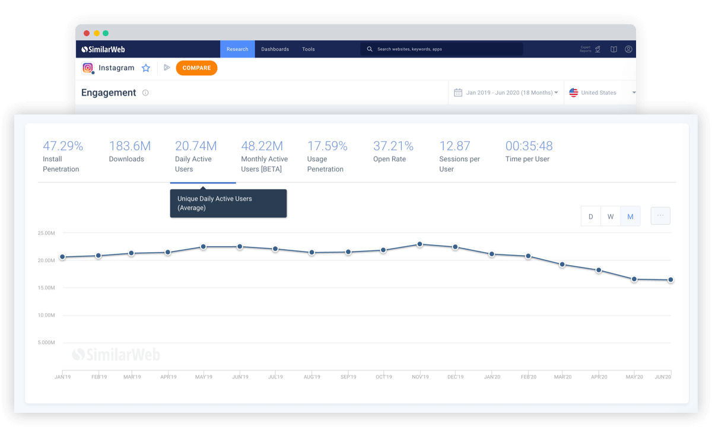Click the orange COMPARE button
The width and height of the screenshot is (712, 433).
196,68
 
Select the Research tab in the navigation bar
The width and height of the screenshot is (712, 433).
237,49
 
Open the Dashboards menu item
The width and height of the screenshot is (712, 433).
275,49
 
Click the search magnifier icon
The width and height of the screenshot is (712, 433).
369,49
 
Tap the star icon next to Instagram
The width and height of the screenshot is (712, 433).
146,68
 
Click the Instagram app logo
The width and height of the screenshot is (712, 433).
88,68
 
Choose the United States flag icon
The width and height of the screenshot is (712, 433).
573,93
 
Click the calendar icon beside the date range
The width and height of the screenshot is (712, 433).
458,93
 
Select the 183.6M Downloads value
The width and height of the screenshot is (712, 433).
130,146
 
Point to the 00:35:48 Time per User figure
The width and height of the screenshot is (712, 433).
529,146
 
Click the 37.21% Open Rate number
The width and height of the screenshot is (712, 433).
393,146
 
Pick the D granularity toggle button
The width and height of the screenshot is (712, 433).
591,216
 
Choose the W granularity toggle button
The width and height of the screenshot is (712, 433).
611,216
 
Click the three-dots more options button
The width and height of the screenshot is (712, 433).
660,216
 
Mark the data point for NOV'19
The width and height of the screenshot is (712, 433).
420,244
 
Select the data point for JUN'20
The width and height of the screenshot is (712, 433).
670,280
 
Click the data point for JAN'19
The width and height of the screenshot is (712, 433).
63,257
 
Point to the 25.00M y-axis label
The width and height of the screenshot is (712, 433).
46,233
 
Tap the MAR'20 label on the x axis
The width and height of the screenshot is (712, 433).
562,377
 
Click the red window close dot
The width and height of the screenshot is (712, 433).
87,33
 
